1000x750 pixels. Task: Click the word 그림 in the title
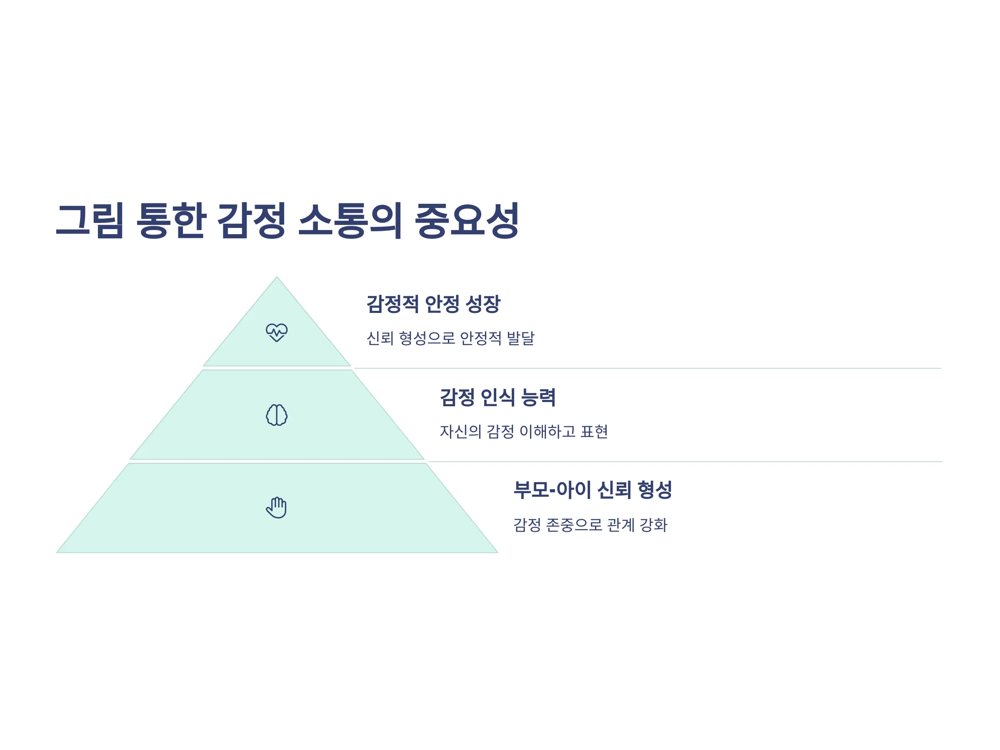tap(90, 220)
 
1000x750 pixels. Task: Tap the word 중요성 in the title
tap(467, 220)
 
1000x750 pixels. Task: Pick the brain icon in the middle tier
tap(277, 415)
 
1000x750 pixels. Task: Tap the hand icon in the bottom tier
tap(276, 507)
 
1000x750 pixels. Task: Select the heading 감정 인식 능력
tap(498, 397)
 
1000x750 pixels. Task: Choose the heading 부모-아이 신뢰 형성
tap(592, 490)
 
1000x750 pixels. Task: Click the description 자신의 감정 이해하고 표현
tap(524, 431)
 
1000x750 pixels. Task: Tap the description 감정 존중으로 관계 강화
tap(590, 525)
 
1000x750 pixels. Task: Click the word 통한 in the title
tap(171, 220)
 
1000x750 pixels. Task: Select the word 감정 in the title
tap(251, 220)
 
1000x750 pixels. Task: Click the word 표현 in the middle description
tap(594, 431)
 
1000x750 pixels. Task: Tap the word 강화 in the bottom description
tap(654, 525)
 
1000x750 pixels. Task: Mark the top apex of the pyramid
tap(277, 277)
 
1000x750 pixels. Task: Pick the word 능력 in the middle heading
tap(538, 397)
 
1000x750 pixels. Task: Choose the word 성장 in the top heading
tap(483, 304)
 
